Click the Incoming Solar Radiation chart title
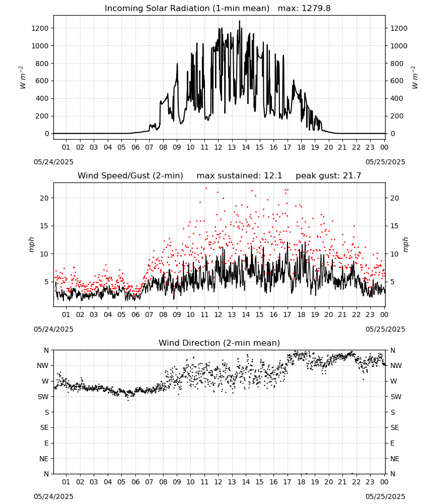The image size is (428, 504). click(x=187, y=9)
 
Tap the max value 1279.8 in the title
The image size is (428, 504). click(x=316, y=9)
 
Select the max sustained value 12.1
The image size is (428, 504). click(x=273, y=176)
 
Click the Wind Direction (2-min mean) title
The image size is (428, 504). click(x=220, y=343)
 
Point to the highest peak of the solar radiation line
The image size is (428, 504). click(x=239, y=21)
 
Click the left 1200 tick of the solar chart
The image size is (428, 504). click(x=40, y=28)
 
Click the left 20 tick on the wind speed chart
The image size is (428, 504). click(x=44, y=198)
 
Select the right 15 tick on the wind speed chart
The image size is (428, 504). click(x=395, y=226)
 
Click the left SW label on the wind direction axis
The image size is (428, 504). click(x=43, y=397)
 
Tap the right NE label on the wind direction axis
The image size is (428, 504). click(x=395, y=459)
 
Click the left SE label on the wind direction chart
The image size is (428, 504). click(x=44, y=427)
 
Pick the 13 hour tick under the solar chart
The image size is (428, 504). click(x=232, y=147)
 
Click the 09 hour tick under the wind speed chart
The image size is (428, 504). click(x=177, y=314)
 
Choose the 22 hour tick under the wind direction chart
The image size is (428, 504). click(x=356, y=482)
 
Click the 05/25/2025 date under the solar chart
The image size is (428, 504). click(x=385, y=162)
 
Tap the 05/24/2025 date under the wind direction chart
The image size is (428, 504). click(x=53, y=496)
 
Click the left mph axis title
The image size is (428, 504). click(x=31, y=244)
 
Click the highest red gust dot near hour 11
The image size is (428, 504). click(x=206, y=188)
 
